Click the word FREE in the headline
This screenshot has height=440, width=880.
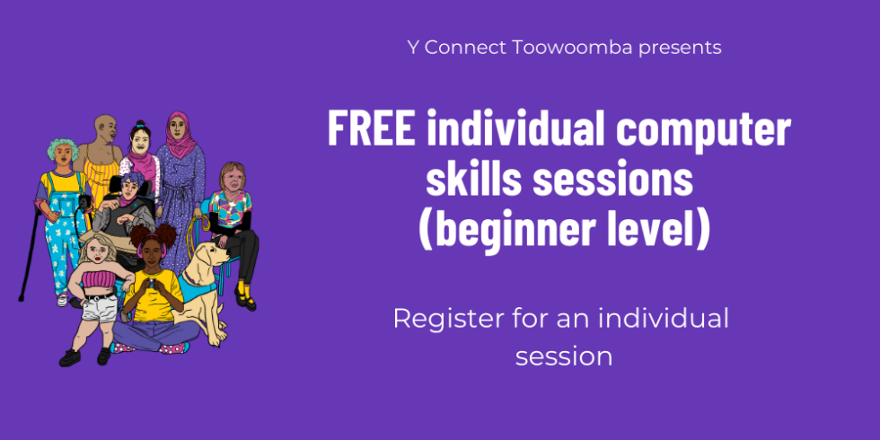click(371, 128)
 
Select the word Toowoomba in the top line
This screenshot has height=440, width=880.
click(573, 48)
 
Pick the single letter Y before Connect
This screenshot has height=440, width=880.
click(413, 48)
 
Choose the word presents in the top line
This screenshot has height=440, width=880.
click(681, 48)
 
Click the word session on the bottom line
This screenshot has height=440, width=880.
click(564, 357)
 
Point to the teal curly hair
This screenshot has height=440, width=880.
click(62, 147)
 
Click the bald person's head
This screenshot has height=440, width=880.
click(105, 128)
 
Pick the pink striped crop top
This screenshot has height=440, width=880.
click(99, 278)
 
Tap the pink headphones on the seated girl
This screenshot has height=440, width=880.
click(152, 250)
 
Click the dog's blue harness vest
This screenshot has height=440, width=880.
click(197, 289)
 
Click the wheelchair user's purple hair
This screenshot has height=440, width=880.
click(133, 180)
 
